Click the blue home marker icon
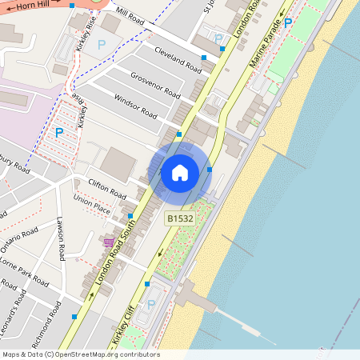point(180,172)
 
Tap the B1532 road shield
point(179,218)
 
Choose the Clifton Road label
point(107,188)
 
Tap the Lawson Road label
point(60,239)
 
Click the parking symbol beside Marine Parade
point(288,24)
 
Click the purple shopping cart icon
point(109,241)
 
